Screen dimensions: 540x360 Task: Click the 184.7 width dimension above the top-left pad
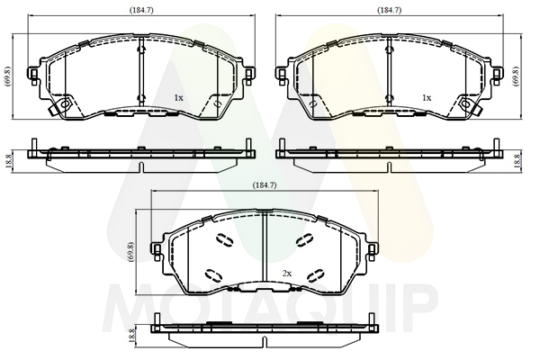[141, 10]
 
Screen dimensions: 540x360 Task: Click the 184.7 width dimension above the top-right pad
[390, 10]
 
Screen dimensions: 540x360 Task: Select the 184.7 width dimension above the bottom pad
[265, 185]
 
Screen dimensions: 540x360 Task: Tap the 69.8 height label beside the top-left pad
[9, 76]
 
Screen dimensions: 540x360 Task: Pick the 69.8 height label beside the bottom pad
[130, 252]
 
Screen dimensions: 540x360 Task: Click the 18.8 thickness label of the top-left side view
[9, 161]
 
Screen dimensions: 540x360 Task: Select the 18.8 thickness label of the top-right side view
[516, 161]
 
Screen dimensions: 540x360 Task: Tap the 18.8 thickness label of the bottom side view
[130, 335]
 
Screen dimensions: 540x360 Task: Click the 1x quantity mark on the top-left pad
[178, 98]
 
